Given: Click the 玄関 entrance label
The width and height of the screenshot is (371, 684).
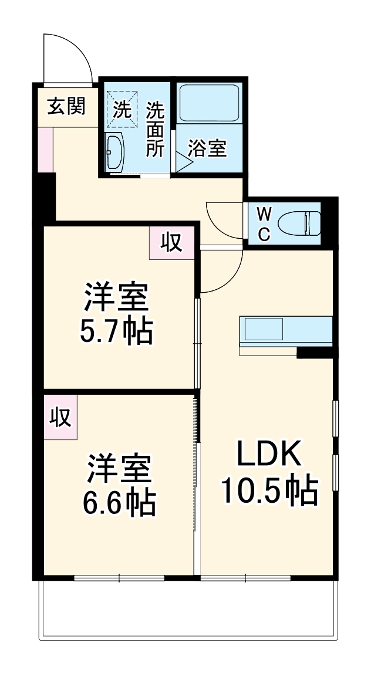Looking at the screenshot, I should [x=66, y=107].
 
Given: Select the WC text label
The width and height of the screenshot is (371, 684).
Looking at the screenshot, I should [x=264, y=224].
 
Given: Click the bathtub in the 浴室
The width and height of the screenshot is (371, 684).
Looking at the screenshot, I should [x=208, y=103].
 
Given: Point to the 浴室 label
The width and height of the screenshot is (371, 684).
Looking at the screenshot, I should [x=207, y=148].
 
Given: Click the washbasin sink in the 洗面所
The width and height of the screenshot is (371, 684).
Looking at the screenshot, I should [x=115, y=151].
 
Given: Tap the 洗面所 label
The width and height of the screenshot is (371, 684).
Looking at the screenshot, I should [x=155, y=129].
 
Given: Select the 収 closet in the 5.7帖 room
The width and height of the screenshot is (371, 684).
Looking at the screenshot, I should [x=171, y=242].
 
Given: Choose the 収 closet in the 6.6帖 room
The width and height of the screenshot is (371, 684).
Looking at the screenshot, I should [x=60, y=417].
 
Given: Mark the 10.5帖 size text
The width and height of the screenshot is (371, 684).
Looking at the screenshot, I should [x=269, y=490].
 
